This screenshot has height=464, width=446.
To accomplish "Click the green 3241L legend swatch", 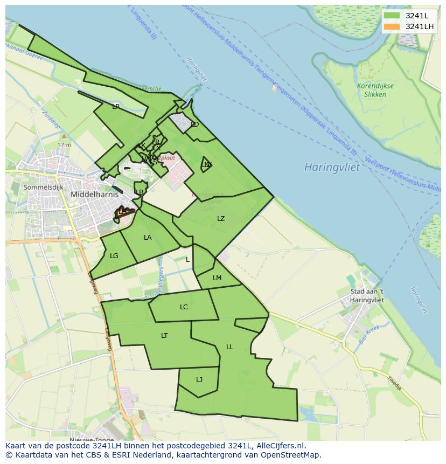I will coord(392,16).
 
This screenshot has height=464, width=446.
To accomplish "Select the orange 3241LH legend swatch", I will coord(392,26).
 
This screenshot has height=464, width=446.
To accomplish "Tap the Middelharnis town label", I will coord(94,194).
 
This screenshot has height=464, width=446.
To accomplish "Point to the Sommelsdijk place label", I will coord(43,187).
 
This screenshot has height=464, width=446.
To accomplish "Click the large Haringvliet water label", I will coord(331,167).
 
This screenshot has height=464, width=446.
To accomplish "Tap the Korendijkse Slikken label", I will coord(375,90).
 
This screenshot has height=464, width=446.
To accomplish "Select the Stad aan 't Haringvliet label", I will coord(367,296).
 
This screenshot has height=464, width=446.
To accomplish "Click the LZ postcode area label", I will coord(221,219).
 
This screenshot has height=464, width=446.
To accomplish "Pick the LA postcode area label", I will coord(148,238).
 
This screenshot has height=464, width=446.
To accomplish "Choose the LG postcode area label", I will coord(114,256).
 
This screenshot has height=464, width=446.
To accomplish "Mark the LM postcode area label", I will coord(217,278).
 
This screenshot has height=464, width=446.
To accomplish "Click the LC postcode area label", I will coord(184,307).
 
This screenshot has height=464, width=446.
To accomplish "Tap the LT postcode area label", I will coord(164,336).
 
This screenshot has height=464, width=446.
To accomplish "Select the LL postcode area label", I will coord(229,347).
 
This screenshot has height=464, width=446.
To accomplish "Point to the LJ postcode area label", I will coord(199,380).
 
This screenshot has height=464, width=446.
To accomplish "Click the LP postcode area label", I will coord(115,107).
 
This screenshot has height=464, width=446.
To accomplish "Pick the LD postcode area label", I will coord(195,124).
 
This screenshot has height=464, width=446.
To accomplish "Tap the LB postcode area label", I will coord(140,192).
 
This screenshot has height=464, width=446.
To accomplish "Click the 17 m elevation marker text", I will coord(64,145).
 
